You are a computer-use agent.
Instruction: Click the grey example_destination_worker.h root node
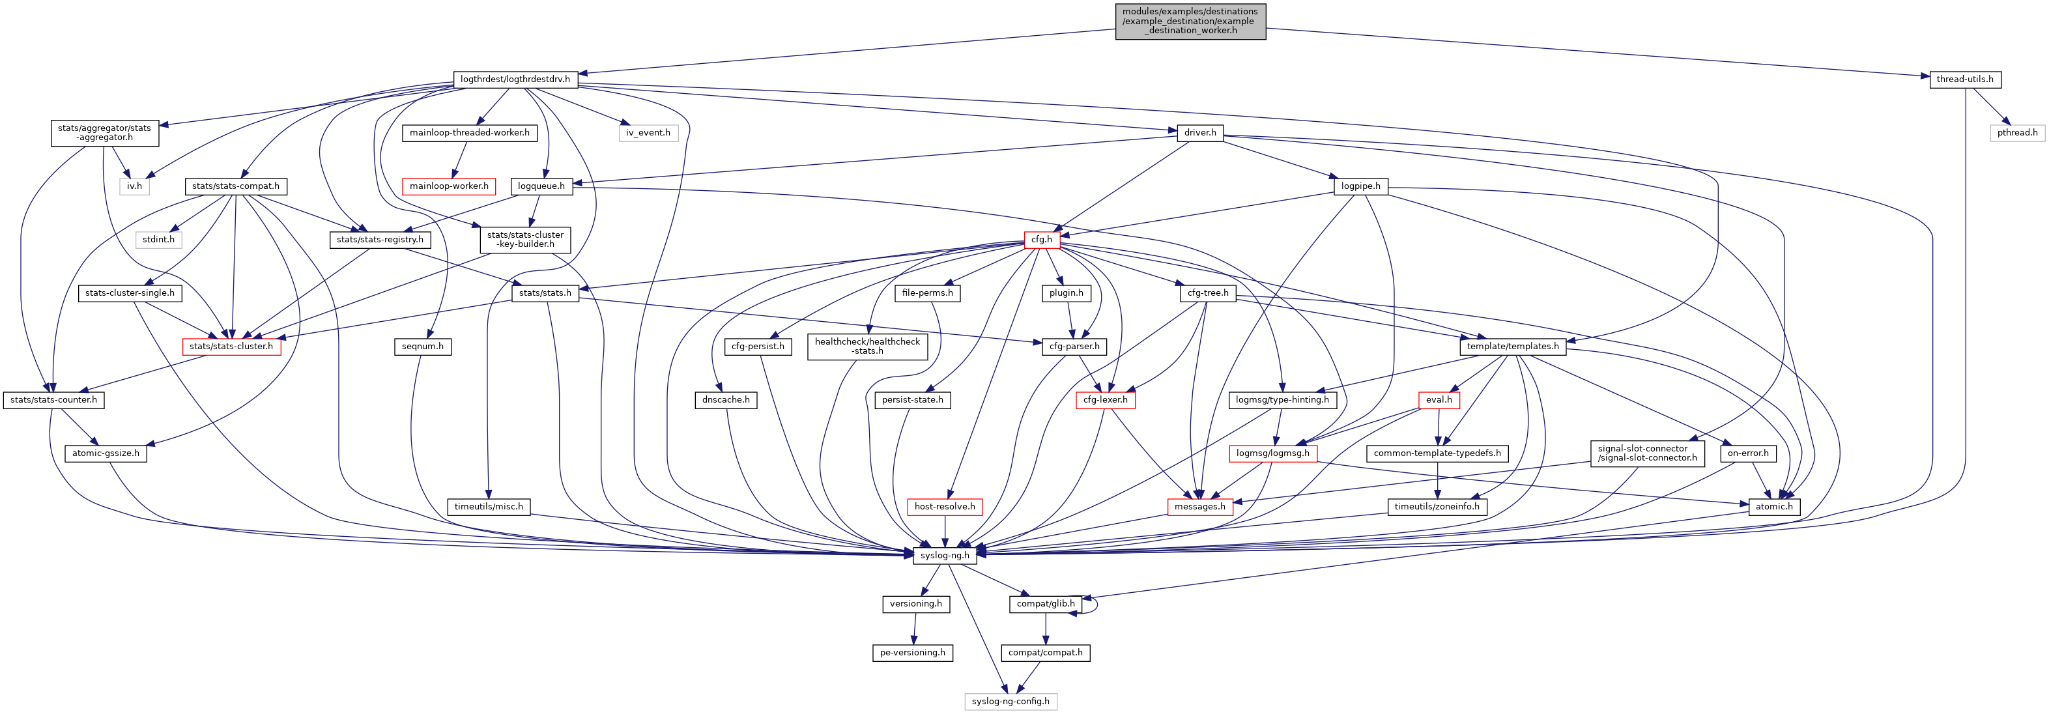(x=1190, y=21)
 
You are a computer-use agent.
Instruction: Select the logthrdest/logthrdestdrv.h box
(x=515, y=79)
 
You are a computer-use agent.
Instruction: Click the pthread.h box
(x=2017, y=133)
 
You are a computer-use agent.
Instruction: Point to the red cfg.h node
(x=1040, y=239)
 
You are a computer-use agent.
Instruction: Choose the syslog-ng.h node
(x=944, y=555)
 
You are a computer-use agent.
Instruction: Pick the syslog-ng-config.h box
(x=1010, y=701)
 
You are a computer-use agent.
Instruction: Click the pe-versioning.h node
(x=912, y=653)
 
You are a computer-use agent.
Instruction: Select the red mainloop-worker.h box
(x=449, y=186)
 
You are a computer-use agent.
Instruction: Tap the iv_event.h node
(x=648, y=133)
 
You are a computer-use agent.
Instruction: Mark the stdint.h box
(x=158, y=239)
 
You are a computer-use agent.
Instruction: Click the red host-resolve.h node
(x=944, y=506)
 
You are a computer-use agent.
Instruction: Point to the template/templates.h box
(x=1512, y=347)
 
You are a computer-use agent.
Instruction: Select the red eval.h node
(x=1438, y=400)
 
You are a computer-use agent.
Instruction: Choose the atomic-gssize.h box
(x=105, y=453)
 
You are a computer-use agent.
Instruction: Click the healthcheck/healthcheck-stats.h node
(x=867, y=347)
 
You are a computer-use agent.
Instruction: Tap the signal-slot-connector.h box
(x=1647, y=453)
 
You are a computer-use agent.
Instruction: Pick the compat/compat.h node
(x=1045, y=653)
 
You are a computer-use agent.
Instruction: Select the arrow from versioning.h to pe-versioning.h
(x=914, y=628)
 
